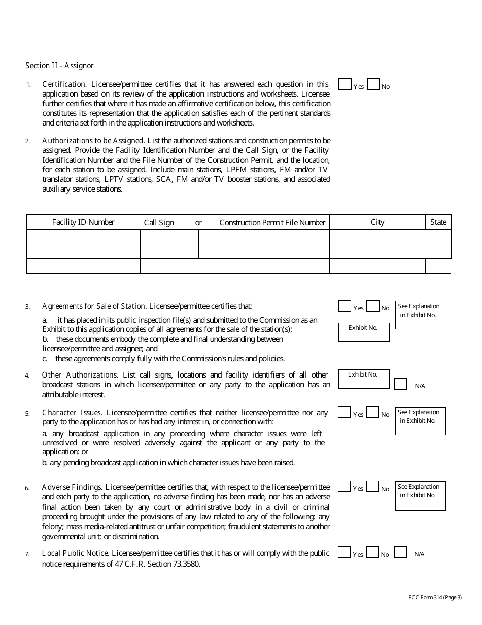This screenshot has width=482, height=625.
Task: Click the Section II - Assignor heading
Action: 59,66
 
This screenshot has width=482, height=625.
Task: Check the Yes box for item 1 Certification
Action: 345,84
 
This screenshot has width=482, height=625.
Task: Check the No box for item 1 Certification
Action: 373,84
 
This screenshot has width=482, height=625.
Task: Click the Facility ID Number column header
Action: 83,222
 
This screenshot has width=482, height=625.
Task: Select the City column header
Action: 377,222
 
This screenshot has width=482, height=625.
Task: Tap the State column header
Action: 438,222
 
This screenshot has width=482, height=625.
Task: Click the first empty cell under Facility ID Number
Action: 83,237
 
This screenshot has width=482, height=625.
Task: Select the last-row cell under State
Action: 438,266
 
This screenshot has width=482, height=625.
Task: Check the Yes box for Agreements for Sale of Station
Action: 345,306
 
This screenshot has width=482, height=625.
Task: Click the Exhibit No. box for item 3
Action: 364,332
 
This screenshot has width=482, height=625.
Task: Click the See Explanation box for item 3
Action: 421,315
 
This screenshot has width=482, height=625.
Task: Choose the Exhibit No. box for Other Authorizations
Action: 364,379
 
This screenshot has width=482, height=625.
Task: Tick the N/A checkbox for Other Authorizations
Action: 401,384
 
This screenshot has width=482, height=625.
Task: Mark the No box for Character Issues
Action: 373,412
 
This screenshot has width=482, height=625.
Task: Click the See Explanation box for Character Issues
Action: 420,421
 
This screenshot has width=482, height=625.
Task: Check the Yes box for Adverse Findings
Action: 345,487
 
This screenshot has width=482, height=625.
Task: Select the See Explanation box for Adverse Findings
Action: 420,495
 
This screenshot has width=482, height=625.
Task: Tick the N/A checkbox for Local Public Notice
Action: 401,552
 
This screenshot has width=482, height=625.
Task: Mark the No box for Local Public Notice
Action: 373,552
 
